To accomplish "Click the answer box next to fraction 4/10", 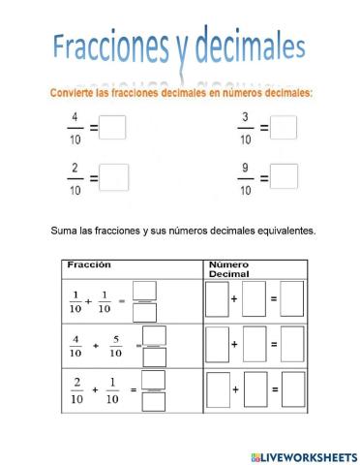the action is pyautogui.click(x=113, y=127).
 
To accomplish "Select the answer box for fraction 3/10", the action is pyautogui.click(x=284, y=127).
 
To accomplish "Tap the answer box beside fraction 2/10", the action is pyautogui.click(x=113, y=176).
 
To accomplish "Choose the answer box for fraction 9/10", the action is pyautogui.click(x=284, y=176).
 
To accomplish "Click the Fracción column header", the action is pyautogui.click(x=89, y=263).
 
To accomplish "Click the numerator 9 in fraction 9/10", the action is pyautogui.click(x=246, y=168).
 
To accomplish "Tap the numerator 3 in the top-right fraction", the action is pyautogui.click(x=246, y=118).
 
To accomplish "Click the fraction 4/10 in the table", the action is pyautogui.click(x=75, y=345).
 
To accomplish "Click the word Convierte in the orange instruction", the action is pyautogui.click(x=71, y=94).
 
